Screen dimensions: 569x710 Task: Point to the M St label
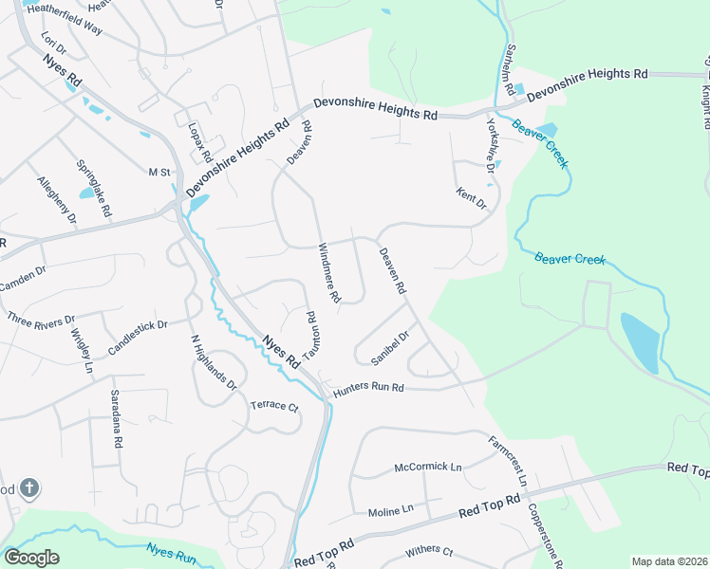pos(158,172)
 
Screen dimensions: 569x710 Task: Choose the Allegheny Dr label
pos(56,200)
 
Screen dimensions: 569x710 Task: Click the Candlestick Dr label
pos(138,337)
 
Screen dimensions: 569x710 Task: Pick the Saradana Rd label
pos(115,418)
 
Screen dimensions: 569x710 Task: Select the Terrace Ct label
pos(273,406)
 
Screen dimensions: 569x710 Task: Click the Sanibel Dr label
pos(390,348)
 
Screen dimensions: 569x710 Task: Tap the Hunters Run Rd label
pos(369,388)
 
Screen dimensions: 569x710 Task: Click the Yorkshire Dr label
pos(491,145)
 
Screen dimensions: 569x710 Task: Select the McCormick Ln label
pos(427,468)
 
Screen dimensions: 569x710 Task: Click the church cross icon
pos(29,488)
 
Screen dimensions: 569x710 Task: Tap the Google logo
pos(31,558)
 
